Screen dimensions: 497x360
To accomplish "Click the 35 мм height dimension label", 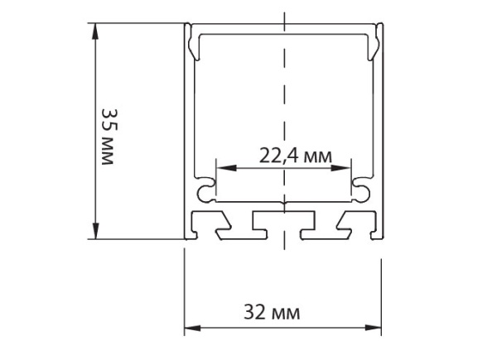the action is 109,137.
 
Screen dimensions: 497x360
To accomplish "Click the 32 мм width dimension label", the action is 272,313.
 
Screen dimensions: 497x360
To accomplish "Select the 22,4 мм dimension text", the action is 296,156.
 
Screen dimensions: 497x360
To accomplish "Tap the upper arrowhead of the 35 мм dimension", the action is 95,31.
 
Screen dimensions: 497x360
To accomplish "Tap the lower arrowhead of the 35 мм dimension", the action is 95,231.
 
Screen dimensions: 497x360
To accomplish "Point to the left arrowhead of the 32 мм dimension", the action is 192,328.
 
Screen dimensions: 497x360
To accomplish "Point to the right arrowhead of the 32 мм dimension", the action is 374,328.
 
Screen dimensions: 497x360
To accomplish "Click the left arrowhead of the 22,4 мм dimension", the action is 226,168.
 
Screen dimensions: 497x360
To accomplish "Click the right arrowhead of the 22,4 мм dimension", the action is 340,168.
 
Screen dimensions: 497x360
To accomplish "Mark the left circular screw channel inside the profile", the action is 206,190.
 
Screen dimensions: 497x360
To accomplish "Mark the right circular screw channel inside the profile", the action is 361,190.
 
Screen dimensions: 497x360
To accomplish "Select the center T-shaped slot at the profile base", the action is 283,225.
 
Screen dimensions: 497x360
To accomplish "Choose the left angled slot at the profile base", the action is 210,225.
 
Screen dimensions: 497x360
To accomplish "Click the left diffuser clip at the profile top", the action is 193,42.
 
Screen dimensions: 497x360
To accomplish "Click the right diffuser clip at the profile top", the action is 374,42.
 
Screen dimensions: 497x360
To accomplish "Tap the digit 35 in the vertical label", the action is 109,119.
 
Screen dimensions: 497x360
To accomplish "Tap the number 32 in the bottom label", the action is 254,313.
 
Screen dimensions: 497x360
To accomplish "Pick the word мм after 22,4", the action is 318,157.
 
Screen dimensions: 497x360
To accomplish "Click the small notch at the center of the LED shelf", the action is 284,203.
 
